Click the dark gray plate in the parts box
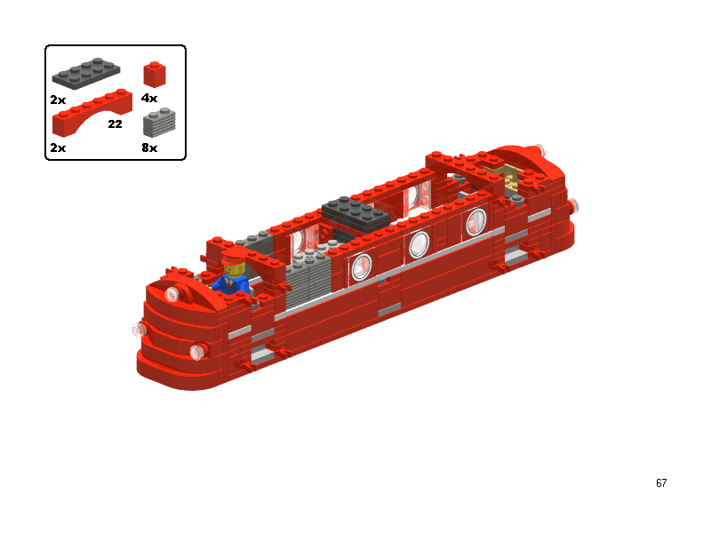[x=86, y=73]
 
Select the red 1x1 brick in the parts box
[x=155, y=75]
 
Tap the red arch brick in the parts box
[x=92, y=113]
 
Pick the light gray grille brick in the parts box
[x=159, y=123]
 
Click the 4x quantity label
[x=149, y=98]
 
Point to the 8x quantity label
[x=149, y=147]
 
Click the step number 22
[x=116, y=123]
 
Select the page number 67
[x=661, y=482]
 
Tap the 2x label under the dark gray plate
[x=58, y=99]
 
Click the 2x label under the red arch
[x=58, y=147]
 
